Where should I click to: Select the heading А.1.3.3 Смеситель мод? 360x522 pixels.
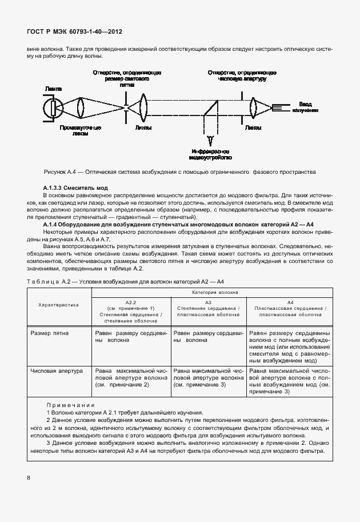point(75,188)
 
